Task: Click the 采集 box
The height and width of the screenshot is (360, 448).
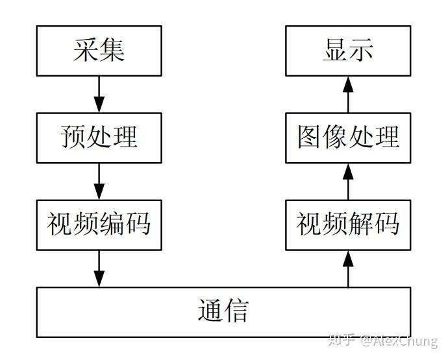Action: (99, 51)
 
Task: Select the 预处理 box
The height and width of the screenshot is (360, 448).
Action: (99, 138)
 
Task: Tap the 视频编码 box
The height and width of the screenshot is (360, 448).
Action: (99, 224)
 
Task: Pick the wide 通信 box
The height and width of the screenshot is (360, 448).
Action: (223, 312)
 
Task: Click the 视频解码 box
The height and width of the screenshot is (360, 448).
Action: (348, 224)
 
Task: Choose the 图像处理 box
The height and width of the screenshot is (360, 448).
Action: (348, 138)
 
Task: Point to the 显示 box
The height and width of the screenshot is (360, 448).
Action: (348, 51)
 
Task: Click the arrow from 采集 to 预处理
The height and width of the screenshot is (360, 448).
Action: (99, 94)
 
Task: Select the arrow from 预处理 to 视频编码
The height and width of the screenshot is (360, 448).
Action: (99, 181)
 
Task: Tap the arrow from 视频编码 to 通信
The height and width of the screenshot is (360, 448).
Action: (99, 268)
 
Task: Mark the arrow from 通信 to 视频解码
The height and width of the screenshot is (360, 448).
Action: (348, 268)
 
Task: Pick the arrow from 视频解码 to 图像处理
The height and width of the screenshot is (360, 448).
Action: (348, 181)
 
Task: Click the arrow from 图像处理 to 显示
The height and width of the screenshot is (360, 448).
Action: (348, 94)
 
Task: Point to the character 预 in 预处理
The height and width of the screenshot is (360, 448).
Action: (73, 138)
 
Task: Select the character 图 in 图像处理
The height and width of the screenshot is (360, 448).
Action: (310, 138)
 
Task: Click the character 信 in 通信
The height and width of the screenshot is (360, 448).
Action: (236, 312)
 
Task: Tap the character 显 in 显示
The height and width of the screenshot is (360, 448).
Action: (335, 51)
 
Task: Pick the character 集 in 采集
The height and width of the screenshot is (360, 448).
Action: (112, 51)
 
